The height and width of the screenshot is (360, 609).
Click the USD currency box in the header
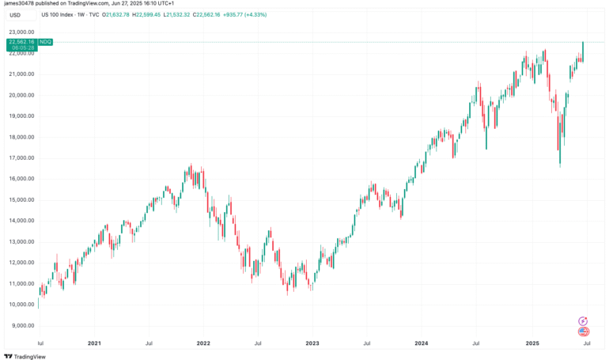[15, 14]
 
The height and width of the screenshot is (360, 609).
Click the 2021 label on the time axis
[93, 343]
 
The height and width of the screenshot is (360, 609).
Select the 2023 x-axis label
[312, 343]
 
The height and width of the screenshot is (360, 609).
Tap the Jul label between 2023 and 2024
[366, 343]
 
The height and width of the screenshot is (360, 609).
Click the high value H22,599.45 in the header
[166, 14]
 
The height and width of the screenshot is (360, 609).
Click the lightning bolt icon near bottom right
[583, 320]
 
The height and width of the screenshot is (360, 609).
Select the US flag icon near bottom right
[583, 332]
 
